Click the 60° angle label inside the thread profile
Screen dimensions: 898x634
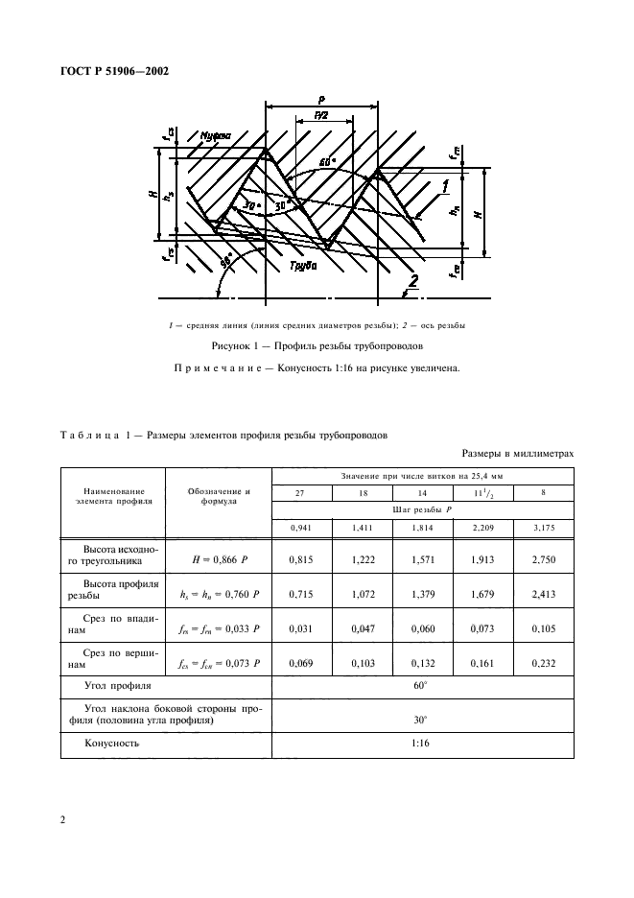(327, 162)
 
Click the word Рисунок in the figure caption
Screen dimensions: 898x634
(236, 344)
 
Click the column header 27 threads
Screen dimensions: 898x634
(302, 493)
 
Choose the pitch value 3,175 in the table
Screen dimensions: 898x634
(544, 527)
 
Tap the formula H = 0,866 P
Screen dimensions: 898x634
(219, 557)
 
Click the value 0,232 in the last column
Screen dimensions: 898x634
(544, 662)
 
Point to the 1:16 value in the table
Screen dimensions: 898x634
(423, 743)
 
